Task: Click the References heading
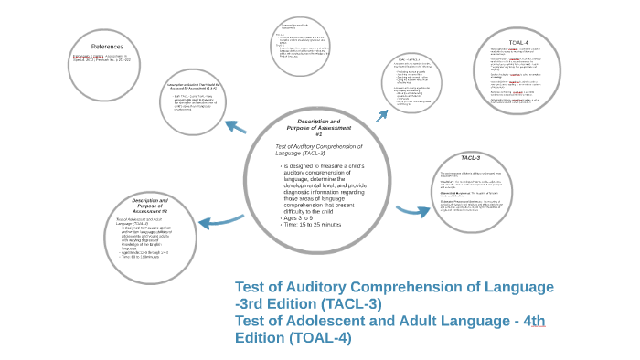[107, 46]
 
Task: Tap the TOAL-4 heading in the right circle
[517, 42]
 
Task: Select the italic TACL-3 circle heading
[471, 158]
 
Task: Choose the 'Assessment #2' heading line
[149, 210]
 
